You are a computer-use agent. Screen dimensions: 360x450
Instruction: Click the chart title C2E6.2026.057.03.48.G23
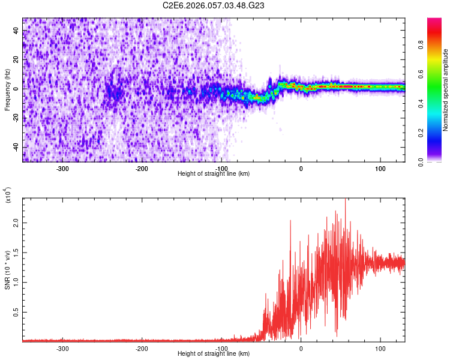pos(214,5)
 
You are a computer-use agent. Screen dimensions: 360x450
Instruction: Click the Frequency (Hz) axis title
pos(8,89)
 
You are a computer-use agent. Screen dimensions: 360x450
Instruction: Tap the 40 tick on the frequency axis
pos(16,32)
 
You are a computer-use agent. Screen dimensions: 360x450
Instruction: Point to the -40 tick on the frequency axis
pos(15,147)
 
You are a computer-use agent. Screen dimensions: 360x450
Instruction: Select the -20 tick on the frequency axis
pos(15,118)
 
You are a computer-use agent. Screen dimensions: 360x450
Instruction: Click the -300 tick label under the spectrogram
pos(62,169)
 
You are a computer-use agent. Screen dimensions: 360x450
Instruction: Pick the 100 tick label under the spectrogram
pos(380,169)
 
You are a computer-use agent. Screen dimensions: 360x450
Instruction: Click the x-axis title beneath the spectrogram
pos(214,174)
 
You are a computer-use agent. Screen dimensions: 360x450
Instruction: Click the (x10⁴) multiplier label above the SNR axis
pos(8,196)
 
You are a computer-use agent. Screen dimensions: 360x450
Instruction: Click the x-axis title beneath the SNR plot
pos(214,354)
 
